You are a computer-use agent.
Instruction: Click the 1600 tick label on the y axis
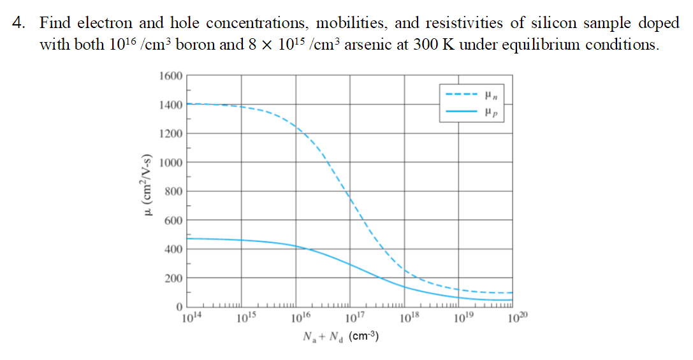click(x=170, y=76)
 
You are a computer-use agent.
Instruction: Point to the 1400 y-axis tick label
click(x=170, y=104)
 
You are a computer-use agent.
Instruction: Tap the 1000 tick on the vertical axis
click(x=170, y=162)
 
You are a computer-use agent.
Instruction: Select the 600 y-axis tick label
click(x=173, y=220)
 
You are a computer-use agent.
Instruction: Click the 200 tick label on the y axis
click(x=173, y=278)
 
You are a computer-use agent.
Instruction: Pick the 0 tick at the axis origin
click(x=180, y=307)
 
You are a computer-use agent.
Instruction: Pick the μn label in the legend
click(x=490, y=96)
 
